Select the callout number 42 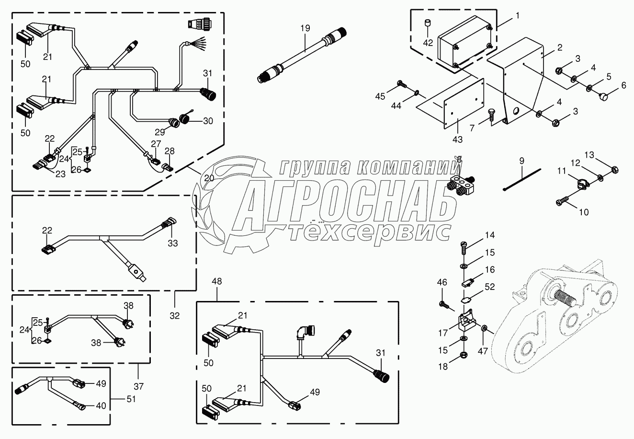[x=428, y=42]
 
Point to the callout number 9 [x=521, y=160]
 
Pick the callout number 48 [x=217, y=282]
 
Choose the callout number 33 [x=172, y=243]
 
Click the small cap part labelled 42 [x=428, y=23]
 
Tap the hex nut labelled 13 [x=616, y=169]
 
